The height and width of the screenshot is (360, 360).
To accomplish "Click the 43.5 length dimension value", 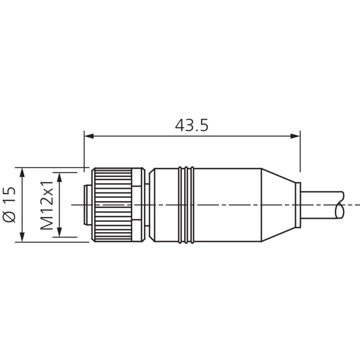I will (192, 125).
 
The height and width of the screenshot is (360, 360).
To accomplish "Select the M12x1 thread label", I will (48, 205).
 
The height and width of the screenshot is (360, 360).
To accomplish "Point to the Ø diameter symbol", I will (10, 216).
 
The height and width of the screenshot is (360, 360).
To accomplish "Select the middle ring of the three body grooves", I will (186, 205).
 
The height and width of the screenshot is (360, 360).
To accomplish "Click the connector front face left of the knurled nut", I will (88, 205).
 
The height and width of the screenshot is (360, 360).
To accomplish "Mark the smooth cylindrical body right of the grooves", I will (227, 205).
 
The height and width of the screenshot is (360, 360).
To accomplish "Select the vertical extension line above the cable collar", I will (300, 153).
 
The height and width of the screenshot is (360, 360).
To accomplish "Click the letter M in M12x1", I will (48, 223).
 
